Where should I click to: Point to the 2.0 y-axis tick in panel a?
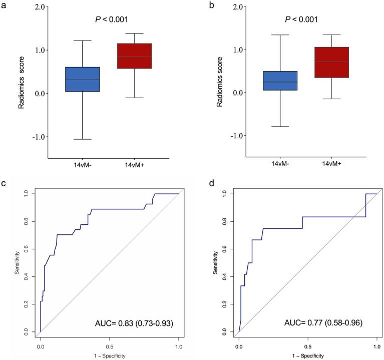[37, 7]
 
